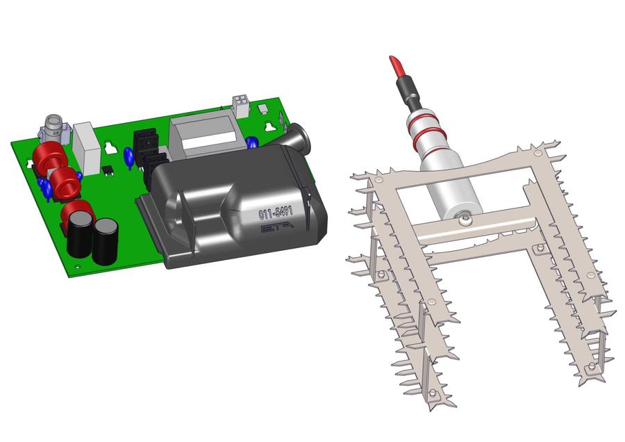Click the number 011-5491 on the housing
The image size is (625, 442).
pyautogui.click(x=276, y=213)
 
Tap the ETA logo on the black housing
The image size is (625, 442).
pyautogui.click(x=277, y=227)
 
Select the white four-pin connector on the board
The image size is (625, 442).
pyautogui.click(x=241, y=106)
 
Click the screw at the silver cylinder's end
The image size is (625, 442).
pyautogui.click(x=465, y=219)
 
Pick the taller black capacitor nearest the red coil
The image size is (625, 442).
pyautogui.click(x=80, y=234)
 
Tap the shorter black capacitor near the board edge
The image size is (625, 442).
pyautogui.click(x=106, y=241)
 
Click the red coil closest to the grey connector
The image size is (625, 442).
pyautogui.click(x=47, y=158)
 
